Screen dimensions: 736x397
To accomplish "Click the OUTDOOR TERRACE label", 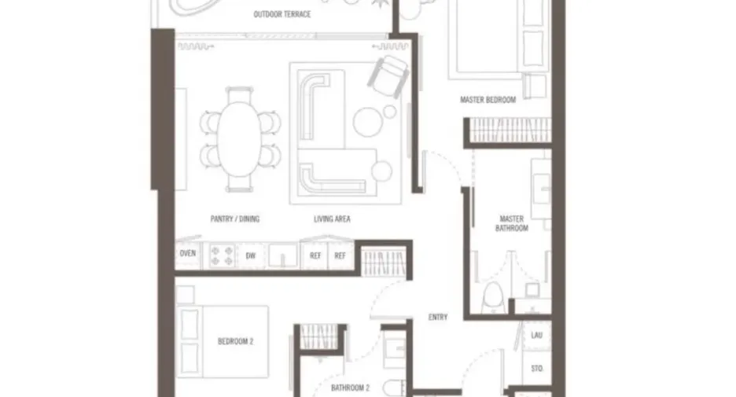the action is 282,15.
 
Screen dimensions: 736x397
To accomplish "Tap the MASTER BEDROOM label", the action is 488,100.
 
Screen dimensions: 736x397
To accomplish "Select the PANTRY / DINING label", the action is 234,219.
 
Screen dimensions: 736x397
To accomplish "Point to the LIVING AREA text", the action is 332,219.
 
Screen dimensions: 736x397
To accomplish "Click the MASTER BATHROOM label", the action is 512,223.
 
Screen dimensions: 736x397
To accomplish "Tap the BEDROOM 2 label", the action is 235,341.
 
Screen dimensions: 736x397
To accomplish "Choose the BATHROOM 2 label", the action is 350,388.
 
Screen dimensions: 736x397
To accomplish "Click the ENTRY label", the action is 438,318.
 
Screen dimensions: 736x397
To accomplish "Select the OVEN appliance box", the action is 188,254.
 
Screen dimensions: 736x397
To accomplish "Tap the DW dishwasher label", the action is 251,255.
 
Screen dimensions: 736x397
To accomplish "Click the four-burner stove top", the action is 222,255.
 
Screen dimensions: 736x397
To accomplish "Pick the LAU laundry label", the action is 536,335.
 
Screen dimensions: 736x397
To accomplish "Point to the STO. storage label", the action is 537,369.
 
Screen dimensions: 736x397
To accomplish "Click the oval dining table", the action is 239,139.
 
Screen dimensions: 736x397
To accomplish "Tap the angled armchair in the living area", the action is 388,76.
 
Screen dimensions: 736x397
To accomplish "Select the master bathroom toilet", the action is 492,296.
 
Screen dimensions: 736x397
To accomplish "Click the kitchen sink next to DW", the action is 282,256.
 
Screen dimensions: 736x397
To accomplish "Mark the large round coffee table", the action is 369,122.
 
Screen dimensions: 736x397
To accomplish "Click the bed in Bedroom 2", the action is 222,342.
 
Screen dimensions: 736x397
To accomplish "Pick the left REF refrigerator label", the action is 315,255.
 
